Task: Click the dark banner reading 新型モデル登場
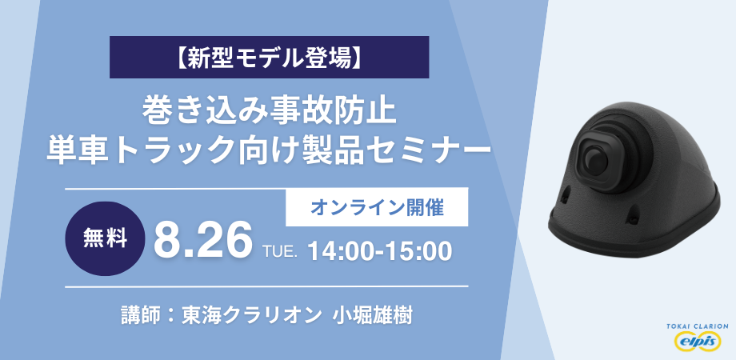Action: pos(269,57)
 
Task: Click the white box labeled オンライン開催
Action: pos(377,207)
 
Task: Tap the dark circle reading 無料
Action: pos(105,239)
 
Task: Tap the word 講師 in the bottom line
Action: pos(137,314)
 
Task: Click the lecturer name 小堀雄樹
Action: pos(372,314)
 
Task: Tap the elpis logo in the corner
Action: pos(697,342)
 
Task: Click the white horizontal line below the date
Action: pos(266,286)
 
